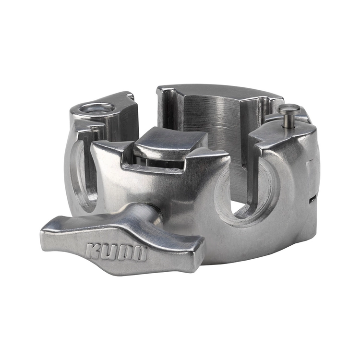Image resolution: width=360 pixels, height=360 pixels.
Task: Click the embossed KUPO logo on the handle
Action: tap(116, 252)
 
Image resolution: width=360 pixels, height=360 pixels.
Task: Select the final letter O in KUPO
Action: tap(139, 254)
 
